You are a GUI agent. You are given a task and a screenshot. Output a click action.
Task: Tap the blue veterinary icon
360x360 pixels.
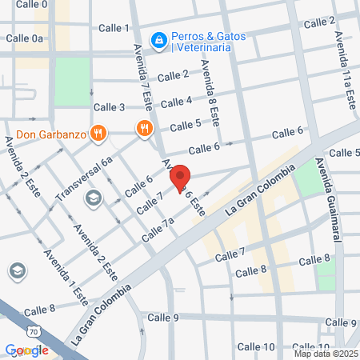[x=159, y=38]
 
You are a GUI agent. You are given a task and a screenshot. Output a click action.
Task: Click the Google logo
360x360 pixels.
[x=26, y=350]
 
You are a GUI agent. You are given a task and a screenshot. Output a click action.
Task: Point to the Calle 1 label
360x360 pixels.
[x=114, y=28]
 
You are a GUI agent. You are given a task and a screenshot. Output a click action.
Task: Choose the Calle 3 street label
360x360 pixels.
[x=110, y=107]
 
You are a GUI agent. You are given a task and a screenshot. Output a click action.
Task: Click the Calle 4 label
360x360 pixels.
[x=177, y=102]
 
